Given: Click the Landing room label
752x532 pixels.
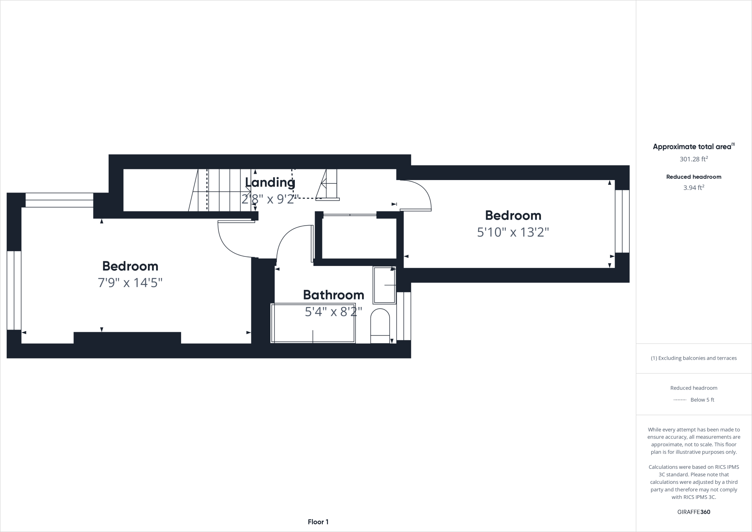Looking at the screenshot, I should coord(270,182).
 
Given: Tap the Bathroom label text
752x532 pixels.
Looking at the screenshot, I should coord(333,295).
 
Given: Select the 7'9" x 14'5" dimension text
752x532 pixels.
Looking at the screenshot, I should coord(130,283).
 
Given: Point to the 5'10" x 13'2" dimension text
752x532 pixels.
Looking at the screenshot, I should coord(513,232).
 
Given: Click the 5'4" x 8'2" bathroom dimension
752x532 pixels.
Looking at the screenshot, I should coord(333,312).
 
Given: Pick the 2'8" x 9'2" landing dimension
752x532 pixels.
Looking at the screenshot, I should coord(270,199).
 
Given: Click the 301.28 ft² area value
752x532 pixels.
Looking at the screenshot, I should coord(694,159).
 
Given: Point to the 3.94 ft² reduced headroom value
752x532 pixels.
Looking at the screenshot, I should coord(694,188).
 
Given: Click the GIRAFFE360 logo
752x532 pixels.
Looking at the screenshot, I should coord(694,512).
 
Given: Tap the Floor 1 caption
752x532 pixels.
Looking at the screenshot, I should coord(318,522).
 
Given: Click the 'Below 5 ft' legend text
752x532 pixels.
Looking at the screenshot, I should coord(702,400).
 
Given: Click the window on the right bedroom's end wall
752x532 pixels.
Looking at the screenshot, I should coord(622,221).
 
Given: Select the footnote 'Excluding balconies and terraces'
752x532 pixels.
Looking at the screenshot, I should coord(694,358).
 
